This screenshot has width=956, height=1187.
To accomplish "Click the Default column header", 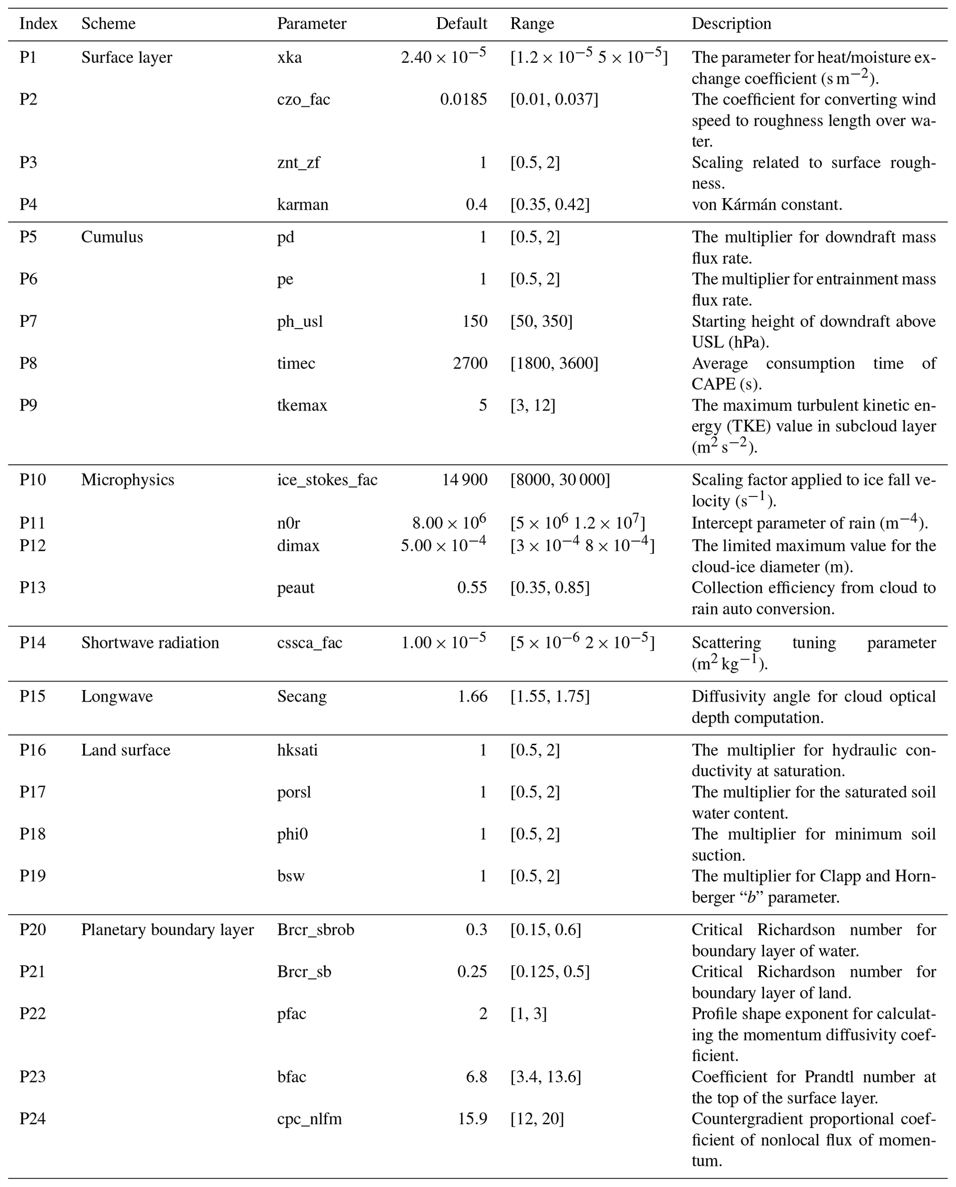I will pos(461,24).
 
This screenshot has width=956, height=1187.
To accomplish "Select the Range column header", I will pos(532,24).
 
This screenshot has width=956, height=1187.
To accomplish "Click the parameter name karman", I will pos(302,205).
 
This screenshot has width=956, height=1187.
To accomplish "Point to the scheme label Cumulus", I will pos(112,237).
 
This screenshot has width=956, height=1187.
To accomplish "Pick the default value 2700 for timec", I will pos(470,363).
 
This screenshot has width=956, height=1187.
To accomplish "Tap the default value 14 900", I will pos(464,480).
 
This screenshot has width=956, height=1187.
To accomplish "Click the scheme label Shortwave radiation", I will pos(150,643).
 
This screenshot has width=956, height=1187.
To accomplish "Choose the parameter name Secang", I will pos(302,697).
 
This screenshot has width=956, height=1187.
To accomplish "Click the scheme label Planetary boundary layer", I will pos(167,930).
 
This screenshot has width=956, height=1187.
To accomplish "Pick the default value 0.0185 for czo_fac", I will pos(463,100).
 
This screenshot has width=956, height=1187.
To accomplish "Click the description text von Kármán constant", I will pos(766,205).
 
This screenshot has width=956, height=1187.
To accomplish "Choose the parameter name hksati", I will pos(297,750).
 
